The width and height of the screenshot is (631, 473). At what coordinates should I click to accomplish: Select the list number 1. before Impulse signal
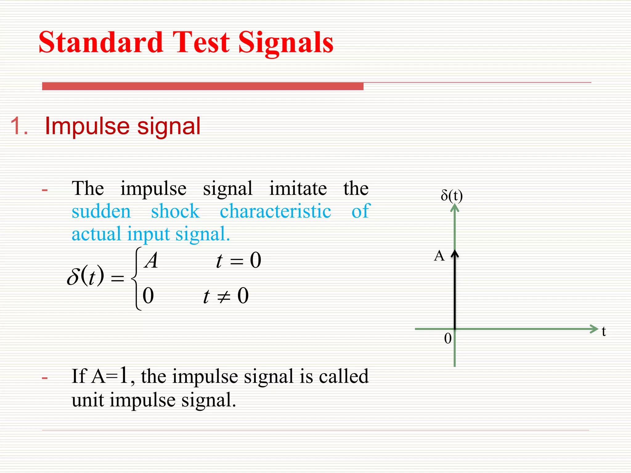(x=19, y=126)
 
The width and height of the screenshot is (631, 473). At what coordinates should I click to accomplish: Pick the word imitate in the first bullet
(x=298, y=188)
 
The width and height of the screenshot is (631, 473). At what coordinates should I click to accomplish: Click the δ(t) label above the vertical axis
(x=452, y=196)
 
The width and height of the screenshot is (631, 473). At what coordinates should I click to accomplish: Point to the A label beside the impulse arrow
(x=439, y=256)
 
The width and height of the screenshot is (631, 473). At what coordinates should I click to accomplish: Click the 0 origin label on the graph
(x=448, y=338)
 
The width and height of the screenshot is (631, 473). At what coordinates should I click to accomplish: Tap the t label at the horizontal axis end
(x=604, y=331)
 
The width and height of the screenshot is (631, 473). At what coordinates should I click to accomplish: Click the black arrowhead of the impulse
(x=455, y=253)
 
